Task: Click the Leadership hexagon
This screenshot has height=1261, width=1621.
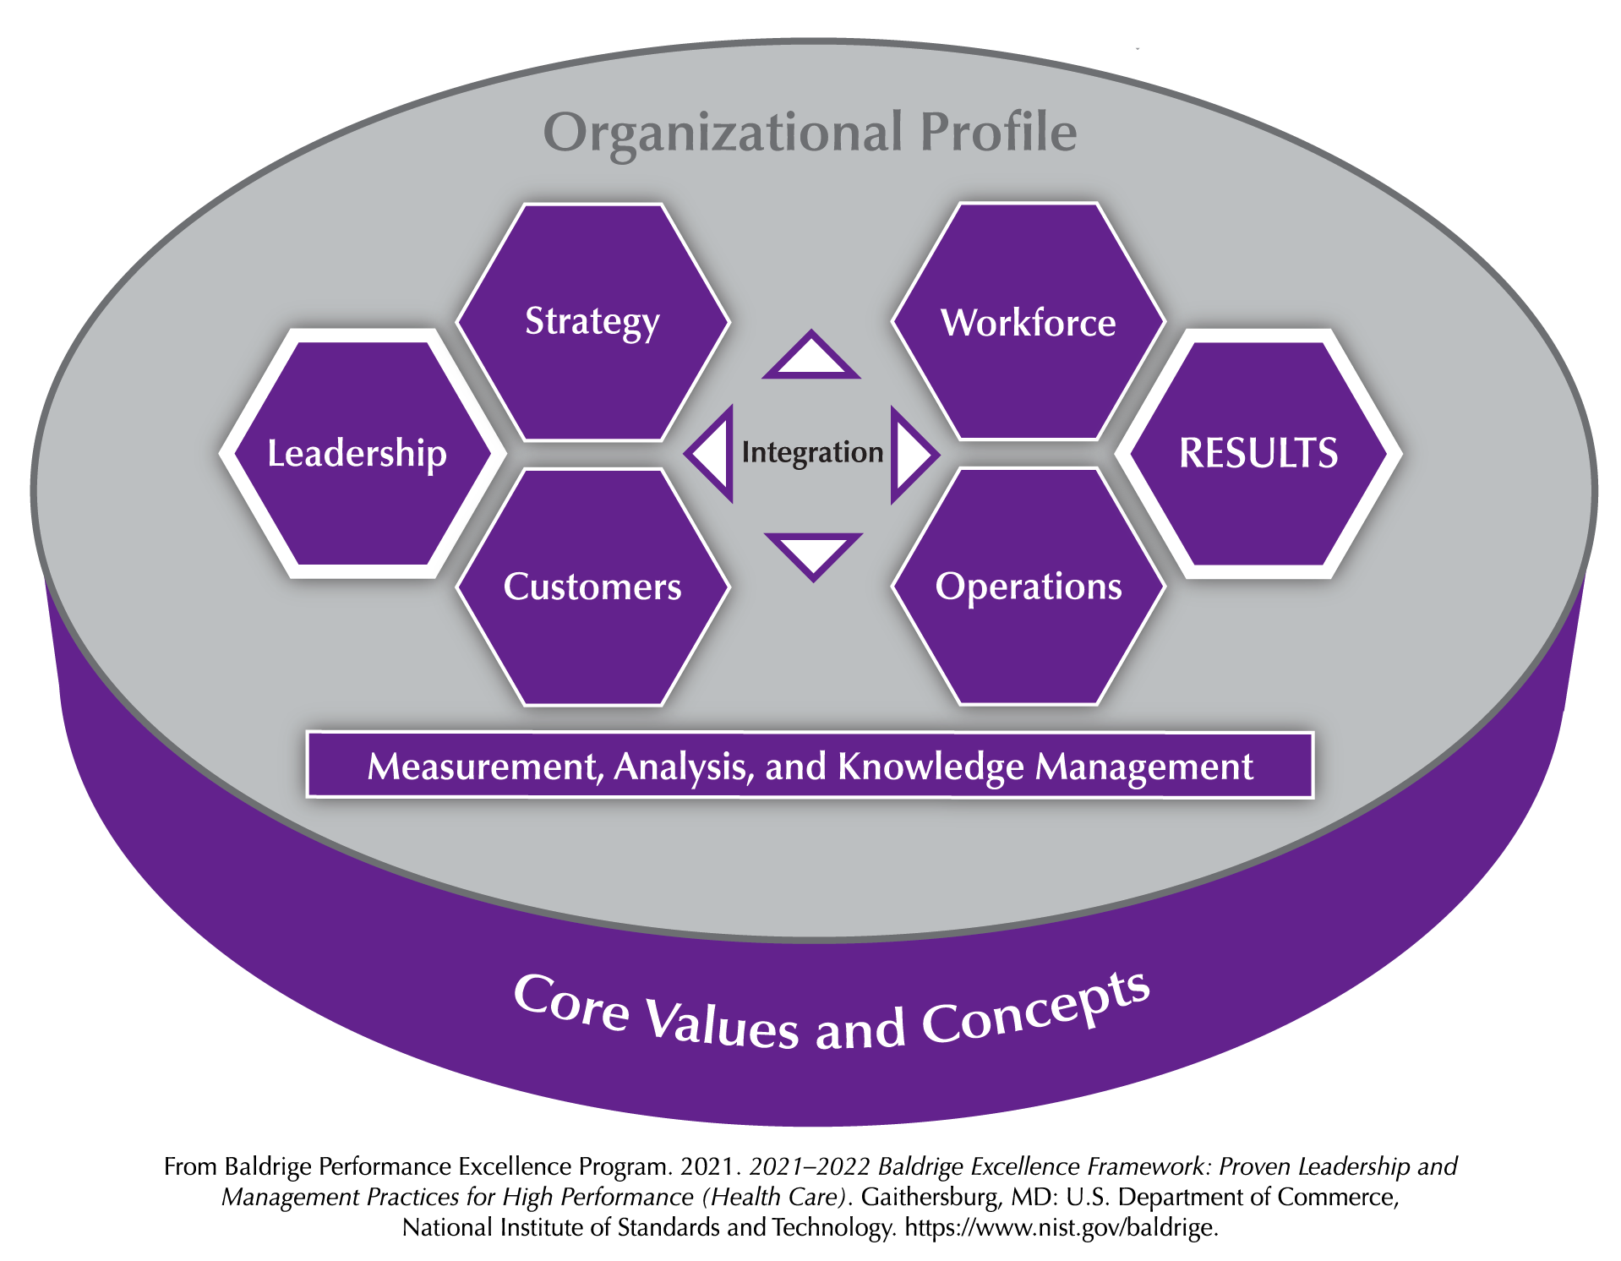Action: [363, 454]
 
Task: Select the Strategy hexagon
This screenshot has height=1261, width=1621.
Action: [592, 322]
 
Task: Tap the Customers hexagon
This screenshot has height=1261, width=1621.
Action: [592, 587]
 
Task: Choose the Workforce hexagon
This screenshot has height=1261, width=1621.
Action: [1029, 322]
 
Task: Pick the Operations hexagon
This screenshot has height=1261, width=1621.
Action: [1029, 587]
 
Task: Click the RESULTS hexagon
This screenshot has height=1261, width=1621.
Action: [1259, 454]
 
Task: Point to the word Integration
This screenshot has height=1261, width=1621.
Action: [812, 454]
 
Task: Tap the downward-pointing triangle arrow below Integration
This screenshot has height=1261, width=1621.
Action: [813, 554]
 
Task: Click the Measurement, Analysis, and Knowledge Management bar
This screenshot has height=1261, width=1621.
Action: [810, 765]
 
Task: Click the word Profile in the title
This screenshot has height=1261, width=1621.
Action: [998, 132]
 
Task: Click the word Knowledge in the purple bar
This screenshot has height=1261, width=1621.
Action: [931, 767]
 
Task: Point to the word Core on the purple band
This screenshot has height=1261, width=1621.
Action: [571, 1003]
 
